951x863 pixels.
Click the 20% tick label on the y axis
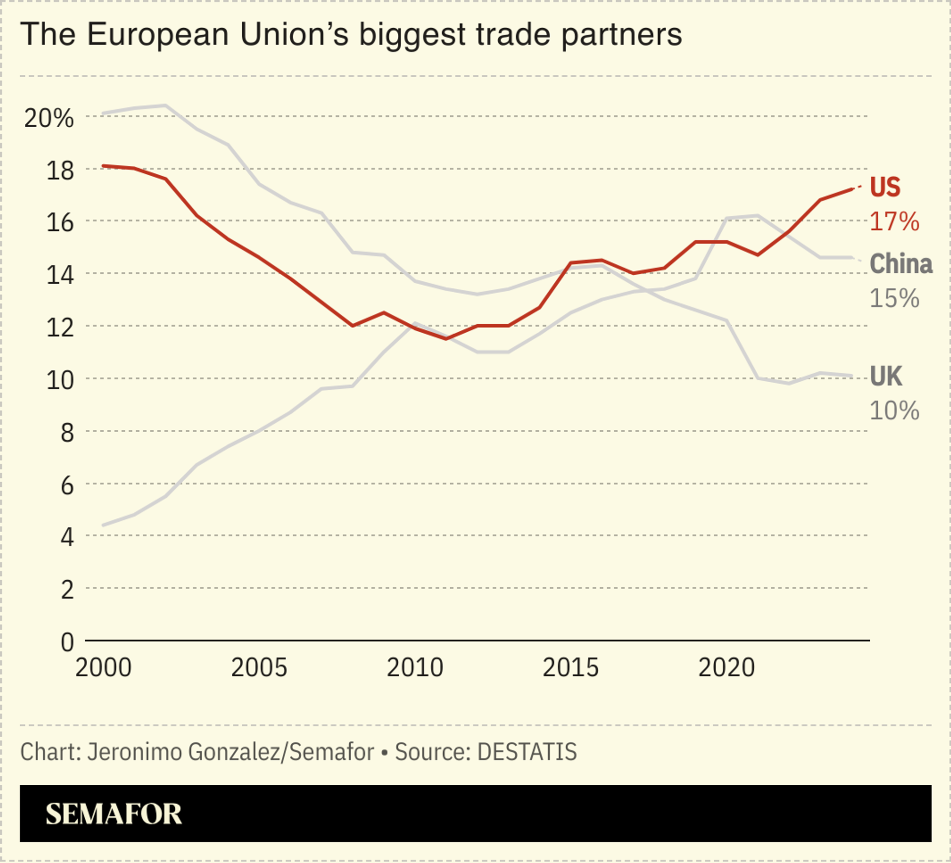click(x=49, y=118)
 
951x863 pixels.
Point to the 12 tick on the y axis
click(x=60, y=327)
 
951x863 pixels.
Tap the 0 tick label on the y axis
click(x=67, y=642)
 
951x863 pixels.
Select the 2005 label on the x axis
click(x=259, y=667)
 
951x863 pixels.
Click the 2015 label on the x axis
click(x=570, y=667)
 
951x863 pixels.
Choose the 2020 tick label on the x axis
click(x=726, y=667)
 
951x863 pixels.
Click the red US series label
click(x=885, y=187)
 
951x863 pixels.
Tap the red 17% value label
click(x=894, y=221)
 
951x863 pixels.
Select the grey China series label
click(x=900, y=263)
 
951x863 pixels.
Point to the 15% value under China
click(x=894, y=298)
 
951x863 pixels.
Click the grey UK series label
click(x=886, y=376)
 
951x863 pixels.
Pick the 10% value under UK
click(x=894, y=410)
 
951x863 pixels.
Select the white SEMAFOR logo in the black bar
click(x=113, y=813)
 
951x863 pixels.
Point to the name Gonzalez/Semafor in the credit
click(x=280, y=752)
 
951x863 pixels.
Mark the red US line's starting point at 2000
click(x=103, y=166)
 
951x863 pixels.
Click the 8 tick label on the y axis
click(x=67, y=432)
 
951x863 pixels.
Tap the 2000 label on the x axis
click(x=103, y=667)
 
